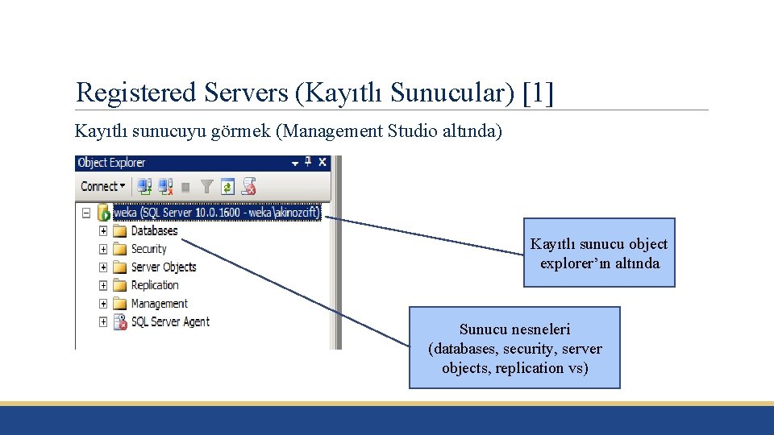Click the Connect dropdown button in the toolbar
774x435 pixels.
point(102,186)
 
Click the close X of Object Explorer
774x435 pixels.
point(322,162)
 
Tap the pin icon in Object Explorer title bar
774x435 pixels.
point(307,162)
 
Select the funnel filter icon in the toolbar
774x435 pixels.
point(206,187)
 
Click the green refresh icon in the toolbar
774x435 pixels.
point(227,187)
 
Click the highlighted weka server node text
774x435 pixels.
point(217,213)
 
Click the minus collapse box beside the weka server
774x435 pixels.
point(85,213)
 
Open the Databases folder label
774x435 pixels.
point(154,230)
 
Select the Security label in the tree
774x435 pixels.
point(148,249)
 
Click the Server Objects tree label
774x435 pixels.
point(164,267)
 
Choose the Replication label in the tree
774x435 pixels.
point(155,285)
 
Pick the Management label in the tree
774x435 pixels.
point(159,304)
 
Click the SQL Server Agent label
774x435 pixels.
point(170,321)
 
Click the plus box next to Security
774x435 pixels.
point(103,249)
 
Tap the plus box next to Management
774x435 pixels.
point(103,304)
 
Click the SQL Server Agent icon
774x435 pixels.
point(120,322)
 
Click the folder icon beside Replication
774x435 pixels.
point(120,285)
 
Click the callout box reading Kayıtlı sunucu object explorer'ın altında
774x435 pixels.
point(599,253)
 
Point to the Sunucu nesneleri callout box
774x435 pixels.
point(514,348)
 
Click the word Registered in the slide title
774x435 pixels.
point(136,93)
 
